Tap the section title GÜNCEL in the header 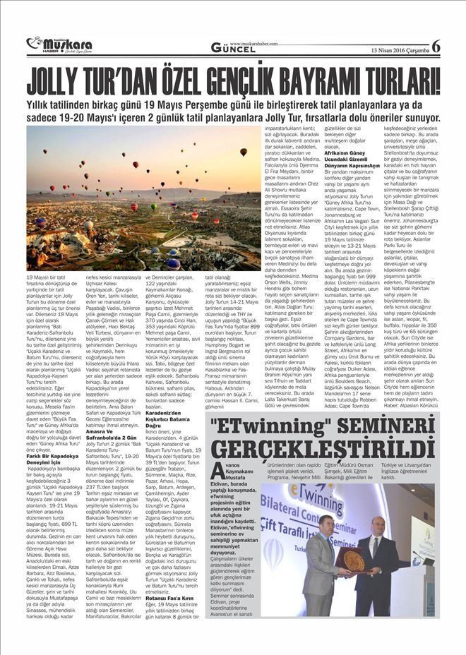[x=232, y=47]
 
